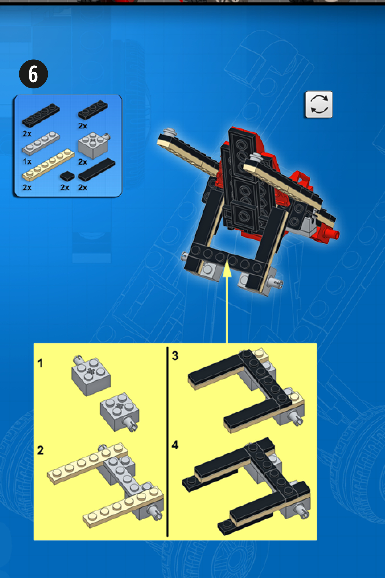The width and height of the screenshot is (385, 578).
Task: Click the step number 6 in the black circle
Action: [33, 74]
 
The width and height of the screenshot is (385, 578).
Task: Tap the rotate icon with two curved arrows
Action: [319, 105]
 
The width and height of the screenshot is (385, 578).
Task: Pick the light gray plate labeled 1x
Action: [41, 143]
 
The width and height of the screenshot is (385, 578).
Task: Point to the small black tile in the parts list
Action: [67, 176]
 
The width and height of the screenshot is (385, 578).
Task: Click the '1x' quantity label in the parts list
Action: [27, 161]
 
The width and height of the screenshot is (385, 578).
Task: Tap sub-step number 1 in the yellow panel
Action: [40, 363]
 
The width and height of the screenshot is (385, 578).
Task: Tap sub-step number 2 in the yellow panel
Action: [40, 450]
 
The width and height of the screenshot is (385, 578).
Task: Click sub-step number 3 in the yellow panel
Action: [175, 356]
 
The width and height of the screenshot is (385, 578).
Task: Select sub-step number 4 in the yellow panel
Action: [175, 445]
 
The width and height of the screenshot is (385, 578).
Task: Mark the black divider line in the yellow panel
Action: [167, 442]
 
